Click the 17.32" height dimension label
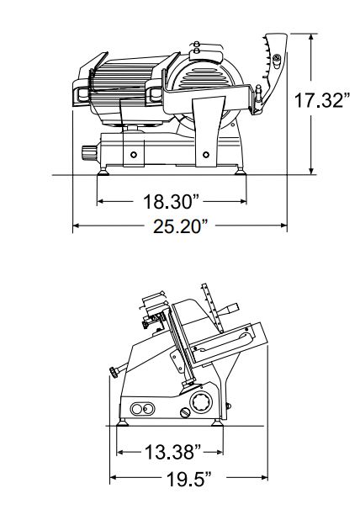coord(321,100)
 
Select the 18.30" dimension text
coord(172,201)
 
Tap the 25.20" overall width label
coord(181,226)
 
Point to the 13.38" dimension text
coord(173,452)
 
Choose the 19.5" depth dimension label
coord(189,479)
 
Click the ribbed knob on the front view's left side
coord(89,153)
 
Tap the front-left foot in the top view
coord(103,171)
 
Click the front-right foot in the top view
coord(240,171)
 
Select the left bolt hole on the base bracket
coord(134,154)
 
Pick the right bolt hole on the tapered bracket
coord(206,154)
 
